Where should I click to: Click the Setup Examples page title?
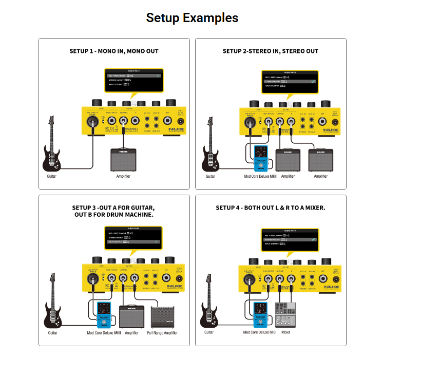click(x=192, y=18)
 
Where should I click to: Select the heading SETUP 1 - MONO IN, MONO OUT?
click(x=114, y=51)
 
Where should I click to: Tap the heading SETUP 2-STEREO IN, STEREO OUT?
click(x=271, y=51)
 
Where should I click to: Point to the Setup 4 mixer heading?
click(x=271, y=208)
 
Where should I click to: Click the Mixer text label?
click(x=286, y=332)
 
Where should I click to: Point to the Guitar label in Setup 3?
click(x=53, y=333)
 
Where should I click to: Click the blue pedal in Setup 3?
click(x=105, y=315)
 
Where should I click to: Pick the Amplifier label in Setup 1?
click(x=123, y=176)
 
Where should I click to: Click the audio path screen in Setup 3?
click(x=133, y=237)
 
